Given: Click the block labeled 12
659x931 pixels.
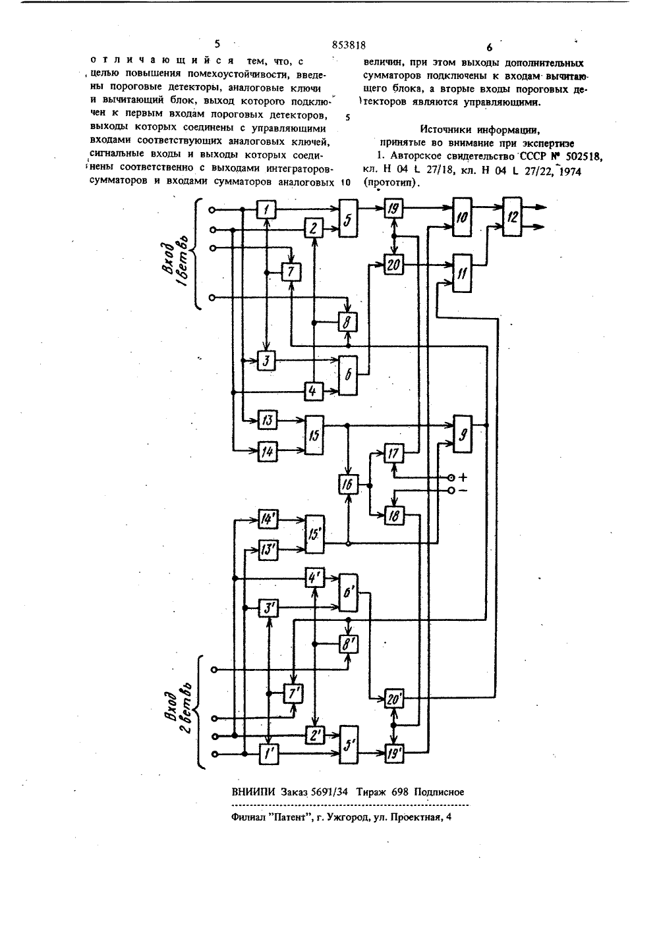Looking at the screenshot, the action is point(513,217).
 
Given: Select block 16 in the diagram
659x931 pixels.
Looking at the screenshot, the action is point(347,485).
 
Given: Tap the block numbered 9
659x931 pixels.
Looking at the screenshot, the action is point(463,435).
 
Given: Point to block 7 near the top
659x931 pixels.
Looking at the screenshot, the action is point(291,272).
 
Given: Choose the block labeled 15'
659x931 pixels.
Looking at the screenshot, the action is point(315,535).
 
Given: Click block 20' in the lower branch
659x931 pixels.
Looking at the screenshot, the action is point(393,700).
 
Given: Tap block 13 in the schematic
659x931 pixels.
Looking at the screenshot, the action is point(268,420).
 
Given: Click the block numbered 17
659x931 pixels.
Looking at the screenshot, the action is point(393,453).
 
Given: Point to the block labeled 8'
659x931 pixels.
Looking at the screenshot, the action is point(348,645).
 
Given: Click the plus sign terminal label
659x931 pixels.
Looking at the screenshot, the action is point(463,478).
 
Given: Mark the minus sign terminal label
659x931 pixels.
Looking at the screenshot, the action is point(463,491).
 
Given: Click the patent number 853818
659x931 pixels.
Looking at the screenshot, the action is point(349,45).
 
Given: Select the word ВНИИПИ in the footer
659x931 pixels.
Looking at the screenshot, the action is point(253,792).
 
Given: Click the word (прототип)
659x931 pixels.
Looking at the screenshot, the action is point(390,183).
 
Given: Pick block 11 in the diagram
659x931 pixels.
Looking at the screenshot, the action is point(462,273).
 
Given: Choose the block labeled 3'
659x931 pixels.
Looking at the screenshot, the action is point(268,608).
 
